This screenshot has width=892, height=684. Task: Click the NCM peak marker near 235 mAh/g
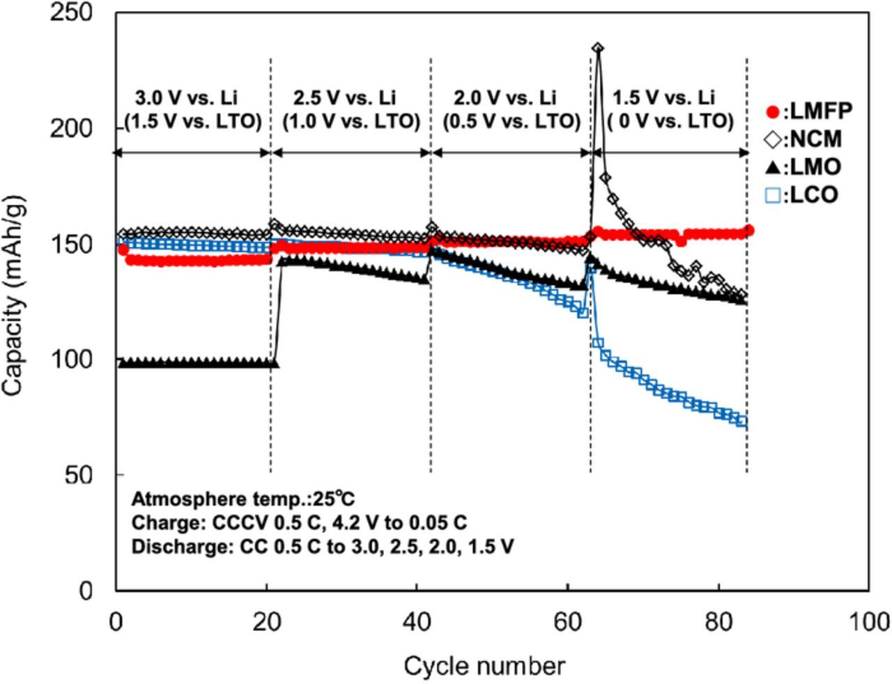pyautogui.click(x=598, y=48)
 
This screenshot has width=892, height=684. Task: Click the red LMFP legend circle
pyautogui.click(x=772, y=112)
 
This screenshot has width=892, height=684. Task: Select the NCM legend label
pyautogui.click(x=813, y=139)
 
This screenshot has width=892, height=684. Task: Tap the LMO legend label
pyautogui.click(x=812, y=167)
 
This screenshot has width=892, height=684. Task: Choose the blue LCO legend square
pyautogui.click(x=772, y=196)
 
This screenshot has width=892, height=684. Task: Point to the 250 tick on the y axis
pyautogui.click(x=71, y=12)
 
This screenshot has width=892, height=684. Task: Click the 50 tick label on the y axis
pyautogui.click(x=79, y=475)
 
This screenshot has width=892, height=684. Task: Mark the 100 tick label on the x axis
pyautogui.click(x=869, y=622)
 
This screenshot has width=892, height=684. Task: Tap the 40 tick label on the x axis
pyautogui.click(x=417, y=622)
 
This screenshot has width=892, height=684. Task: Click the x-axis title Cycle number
pyautogui.click(x=484, y=667)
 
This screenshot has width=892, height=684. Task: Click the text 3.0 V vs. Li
pyautogui.click(x=186, y=98)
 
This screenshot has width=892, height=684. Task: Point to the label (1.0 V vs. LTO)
pyautogui.click(x=351, y=122)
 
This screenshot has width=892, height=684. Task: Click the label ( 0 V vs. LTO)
pyautogui.click(x=670, y=122)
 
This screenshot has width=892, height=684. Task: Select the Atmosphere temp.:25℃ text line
pyautogui.click(x=243, y=499)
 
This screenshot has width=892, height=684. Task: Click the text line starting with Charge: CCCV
pyautogui.click(x=299, y=522)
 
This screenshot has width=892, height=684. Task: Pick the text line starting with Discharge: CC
pyautogui.click(x=322, y=547)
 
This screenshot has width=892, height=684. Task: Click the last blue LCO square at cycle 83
pyautogui.click(x=742, y=422)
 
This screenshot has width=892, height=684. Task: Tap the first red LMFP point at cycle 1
pyautogui.click(x=123, y=249)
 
